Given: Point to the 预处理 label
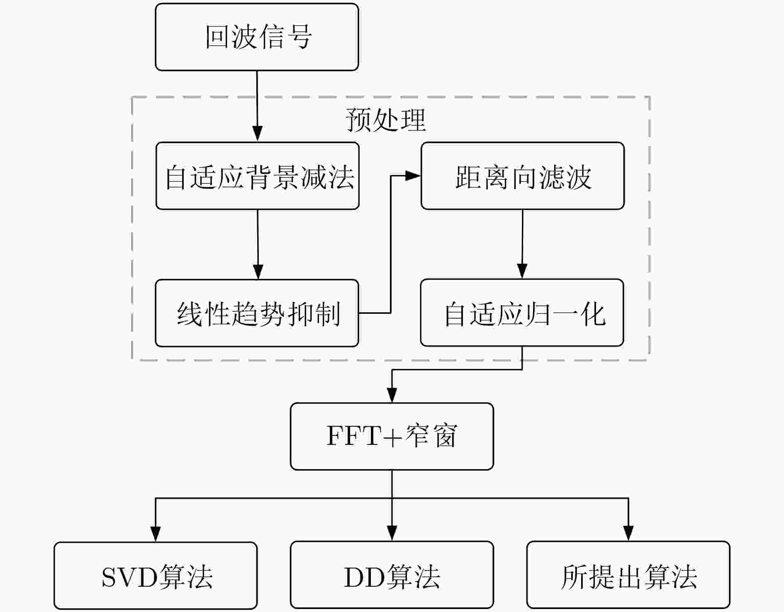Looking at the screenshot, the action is [x=386, y=120].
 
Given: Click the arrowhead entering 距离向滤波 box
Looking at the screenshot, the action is [x=413, y=176].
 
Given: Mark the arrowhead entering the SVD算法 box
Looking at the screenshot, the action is [x=156, y=534].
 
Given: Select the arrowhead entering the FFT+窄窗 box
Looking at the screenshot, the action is [x=392, y=395].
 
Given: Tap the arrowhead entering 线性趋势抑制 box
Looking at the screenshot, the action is [x=258, y=272].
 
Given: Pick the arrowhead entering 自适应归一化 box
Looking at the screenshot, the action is [x=522, y=272].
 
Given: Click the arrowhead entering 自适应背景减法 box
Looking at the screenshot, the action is [x=257, y=135].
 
